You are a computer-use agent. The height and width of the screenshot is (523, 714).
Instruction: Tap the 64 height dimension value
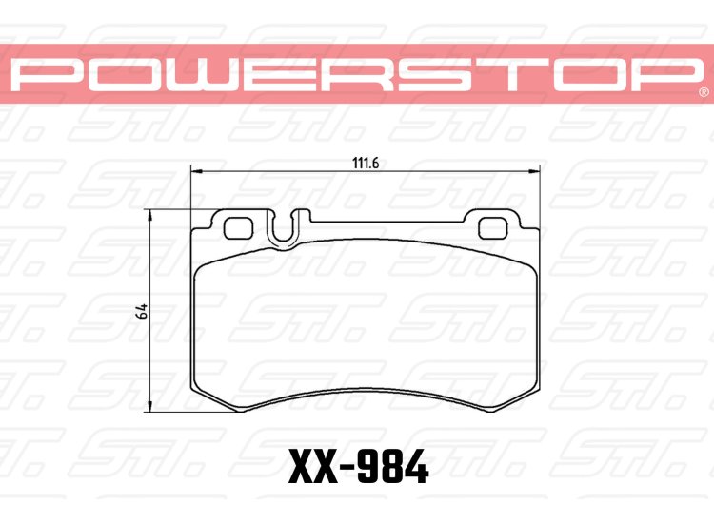coord(141,311)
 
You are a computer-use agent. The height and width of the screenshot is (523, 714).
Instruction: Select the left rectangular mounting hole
coord(234,227)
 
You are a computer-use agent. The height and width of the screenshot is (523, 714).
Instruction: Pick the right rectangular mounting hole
coord(493,227)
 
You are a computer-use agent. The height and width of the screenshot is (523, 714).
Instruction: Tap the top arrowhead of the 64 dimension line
coord(150,218)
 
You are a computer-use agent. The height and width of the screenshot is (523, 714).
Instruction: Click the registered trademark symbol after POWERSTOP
coord(702,93)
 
